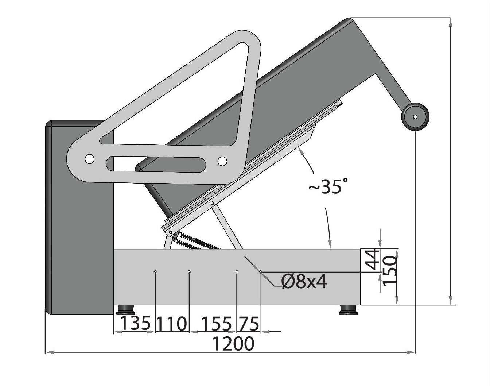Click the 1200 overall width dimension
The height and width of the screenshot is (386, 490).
click(233, 344)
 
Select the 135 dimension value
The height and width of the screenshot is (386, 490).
click(135, 323)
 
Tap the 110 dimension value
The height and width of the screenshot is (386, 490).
click(171, 324)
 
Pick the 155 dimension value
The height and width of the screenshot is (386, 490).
click(216, 324)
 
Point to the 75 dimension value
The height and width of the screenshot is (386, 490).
click(249, 324)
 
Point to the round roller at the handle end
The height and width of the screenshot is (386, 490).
click(415, 117)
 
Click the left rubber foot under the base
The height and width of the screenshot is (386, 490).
click(126, 310)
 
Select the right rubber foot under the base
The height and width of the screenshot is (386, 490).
click(349, 310)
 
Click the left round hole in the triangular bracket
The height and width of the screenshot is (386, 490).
click(89, 159)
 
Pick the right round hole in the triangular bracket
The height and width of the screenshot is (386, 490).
click(222, 161)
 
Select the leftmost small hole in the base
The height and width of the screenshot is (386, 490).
click(155, 272)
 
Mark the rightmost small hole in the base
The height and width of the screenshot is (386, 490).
click(260, 272)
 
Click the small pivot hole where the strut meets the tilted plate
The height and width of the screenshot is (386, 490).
click(212, 203)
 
